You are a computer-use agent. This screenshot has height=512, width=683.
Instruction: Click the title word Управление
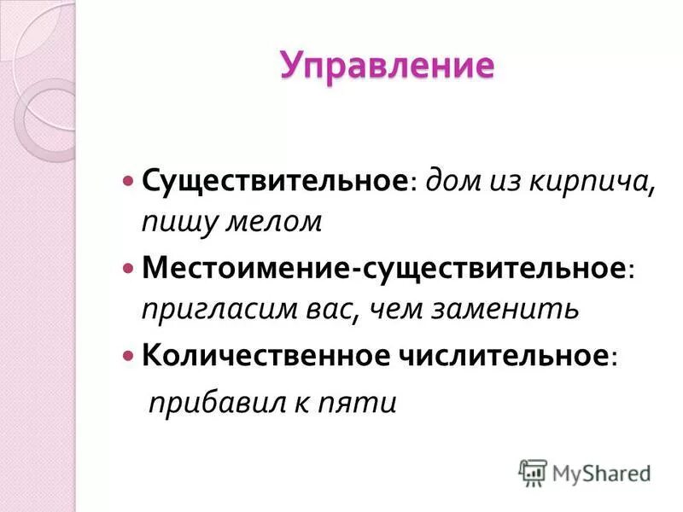387,67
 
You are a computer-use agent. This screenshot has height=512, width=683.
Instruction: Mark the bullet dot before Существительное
129,182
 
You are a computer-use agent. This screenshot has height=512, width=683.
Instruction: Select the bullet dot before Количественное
129,355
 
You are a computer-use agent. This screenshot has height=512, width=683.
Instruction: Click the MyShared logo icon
534,473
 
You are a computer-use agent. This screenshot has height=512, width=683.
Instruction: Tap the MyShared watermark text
601,473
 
